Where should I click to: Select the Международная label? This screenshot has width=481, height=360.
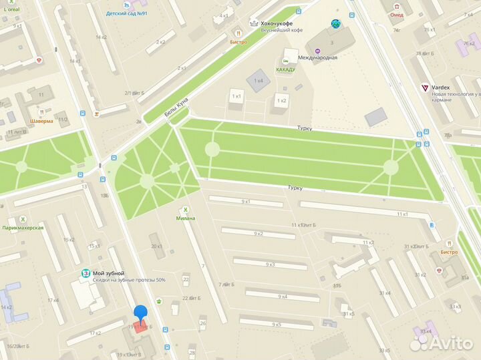click(x=317, y=57)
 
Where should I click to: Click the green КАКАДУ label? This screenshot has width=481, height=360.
click(x=291, y=69)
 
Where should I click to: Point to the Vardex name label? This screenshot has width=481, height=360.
click(x=441, y=87)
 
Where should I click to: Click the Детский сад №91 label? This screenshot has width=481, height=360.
click(x=127, y=13)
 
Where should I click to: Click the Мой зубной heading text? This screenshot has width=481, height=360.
click(x=109, y=273)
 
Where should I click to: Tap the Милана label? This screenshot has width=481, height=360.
click(x=186, y=218)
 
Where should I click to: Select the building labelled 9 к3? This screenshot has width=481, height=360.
click(x=270, y=264)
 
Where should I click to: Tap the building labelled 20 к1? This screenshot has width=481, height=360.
click(x=157, y=246)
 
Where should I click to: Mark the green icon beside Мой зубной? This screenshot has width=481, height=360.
click(x=86, y=274)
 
